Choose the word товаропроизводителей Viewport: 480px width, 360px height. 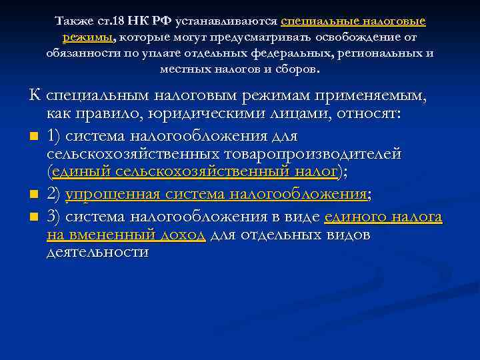[x=307, y=154]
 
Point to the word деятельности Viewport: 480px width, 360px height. [x=98, y=253]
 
